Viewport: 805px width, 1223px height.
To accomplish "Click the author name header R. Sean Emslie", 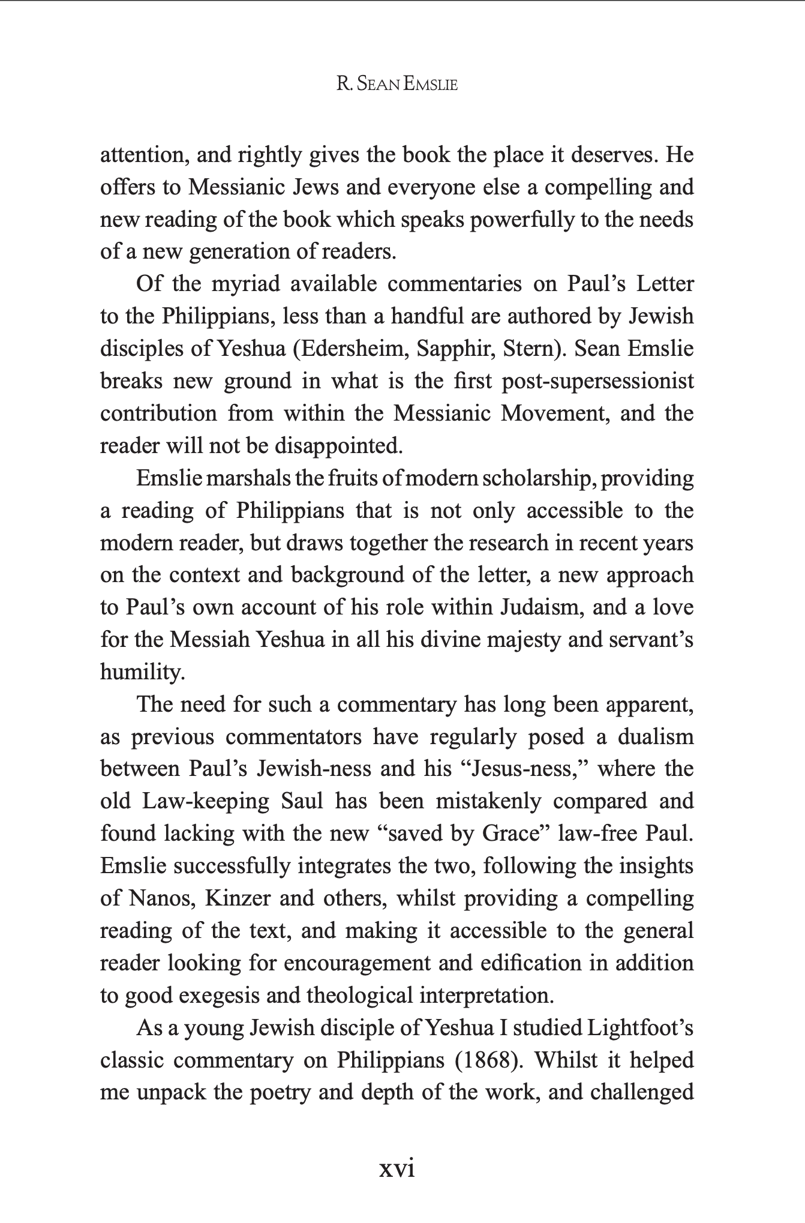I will (x=397, y=85).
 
